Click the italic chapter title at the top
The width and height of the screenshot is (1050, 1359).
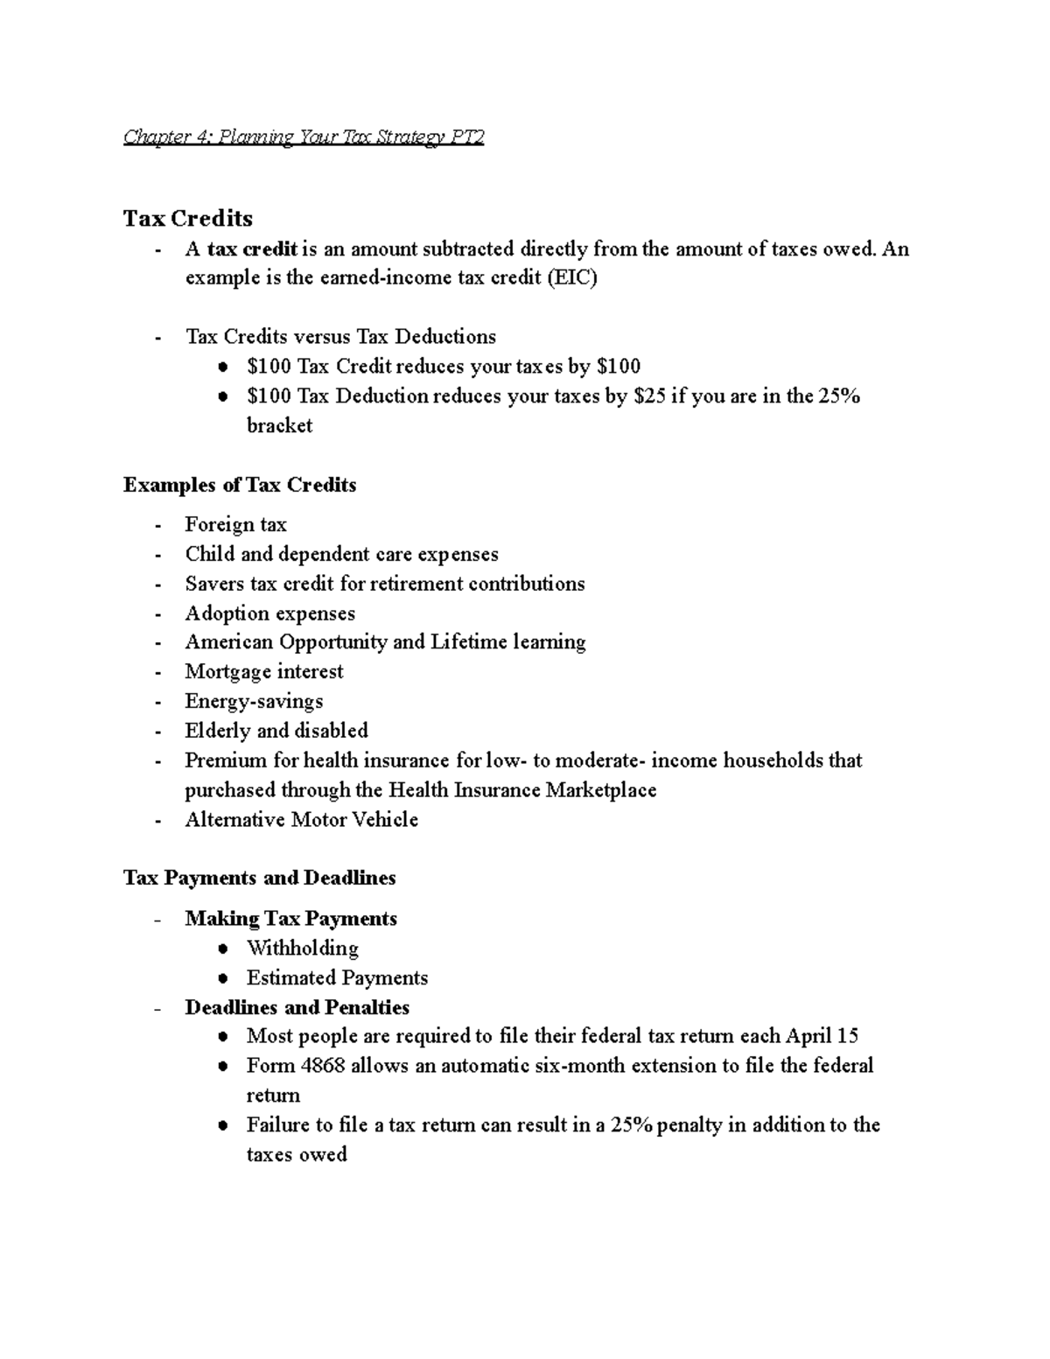click(x=303, y=137)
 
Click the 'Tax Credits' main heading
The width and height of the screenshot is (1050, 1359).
click(x=187, y=218)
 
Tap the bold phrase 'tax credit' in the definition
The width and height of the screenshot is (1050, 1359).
click(x=253, y=249)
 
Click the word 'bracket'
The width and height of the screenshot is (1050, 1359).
click(x=279, y=426)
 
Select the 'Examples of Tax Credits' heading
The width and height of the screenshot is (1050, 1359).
click(x=240, y=485)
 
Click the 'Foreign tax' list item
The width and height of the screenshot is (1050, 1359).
click(x=235, y=525)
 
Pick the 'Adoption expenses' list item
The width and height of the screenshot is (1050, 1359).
click(x=269, y=613)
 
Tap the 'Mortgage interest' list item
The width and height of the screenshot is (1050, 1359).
click(x=263, y=672)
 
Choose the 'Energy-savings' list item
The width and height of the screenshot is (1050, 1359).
click(x=254, y=702)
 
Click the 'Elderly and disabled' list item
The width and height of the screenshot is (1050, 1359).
click(x=276, y=731)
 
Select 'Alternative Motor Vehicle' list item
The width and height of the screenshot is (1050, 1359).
click(x=301, y=820)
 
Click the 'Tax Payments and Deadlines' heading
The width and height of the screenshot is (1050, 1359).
click(x=259, y=878)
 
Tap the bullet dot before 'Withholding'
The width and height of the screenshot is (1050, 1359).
click(x=225, y=949)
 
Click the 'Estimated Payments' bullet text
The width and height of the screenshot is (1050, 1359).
click(x=337, y=978)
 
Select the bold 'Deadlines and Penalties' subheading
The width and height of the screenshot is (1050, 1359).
click(x=297, y=1007)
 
